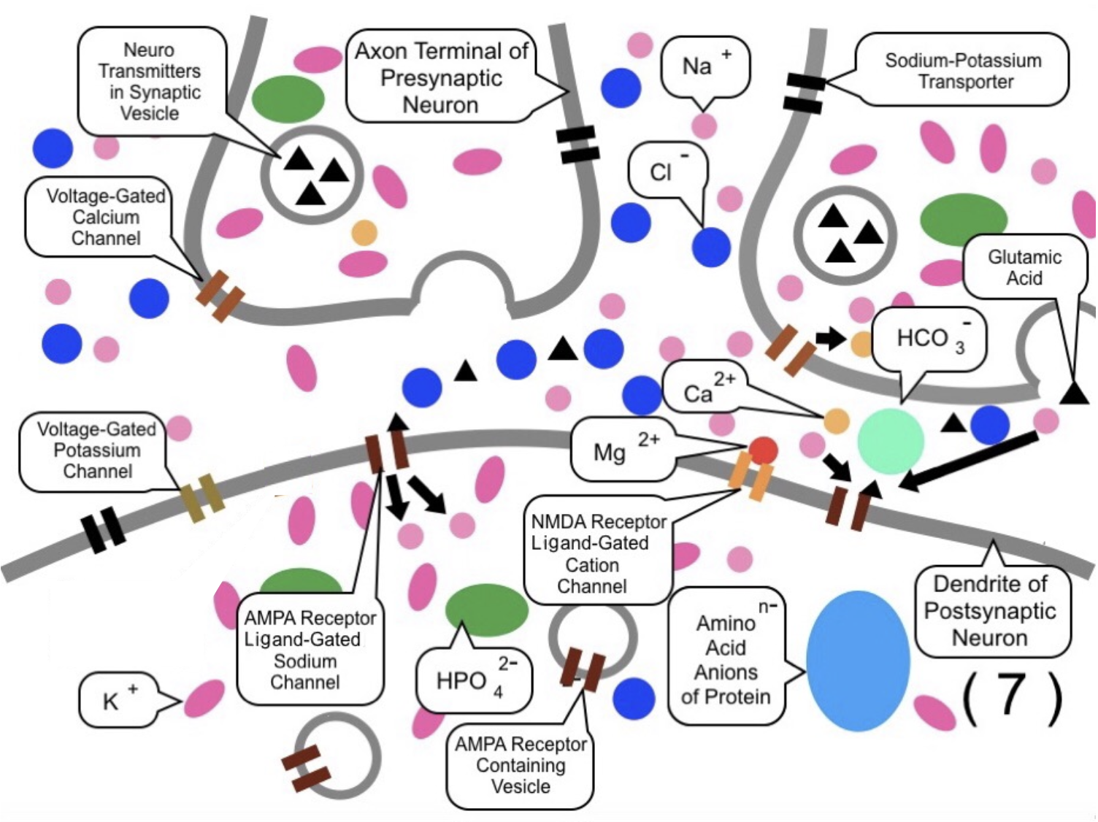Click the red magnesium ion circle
click(x=763, y=451)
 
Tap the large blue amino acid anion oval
click(x=858, y=661)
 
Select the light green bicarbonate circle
click(x=890, y=442)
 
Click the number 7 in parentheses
click(x=1012, y=698)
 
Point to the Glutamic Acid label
click(x=1024, y=268)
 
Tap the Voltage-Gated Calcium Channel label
click(x=104, y=218)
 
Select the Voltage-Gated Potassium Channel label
click(x=96, y=450)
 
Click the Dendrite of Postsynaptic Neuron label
click(x=990, y=612)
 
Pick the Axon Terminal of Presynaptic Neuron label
click(x=441, y=78)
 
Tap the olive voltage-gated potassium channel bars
click(x=202, y=498)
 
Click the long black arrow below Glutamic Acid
click(x=967, y=460)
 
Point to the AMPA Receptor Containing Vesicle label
click(x=520, y=765)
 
